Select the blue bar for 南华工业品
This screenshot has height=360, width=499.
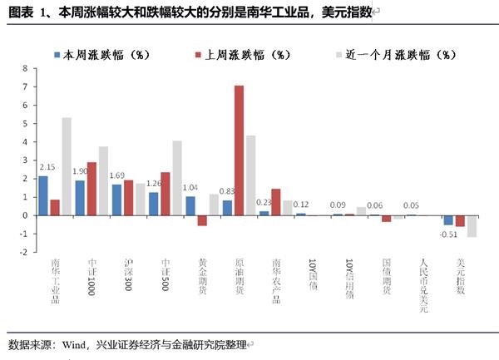[x=43, y=195]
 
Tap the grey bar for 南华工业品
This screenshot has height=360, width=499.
[x=67, y=166]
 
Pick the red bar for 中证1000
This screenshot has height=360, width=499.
[x=91, y=189]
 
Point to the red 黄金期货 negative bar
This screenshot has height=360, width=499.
[x=201, y=220]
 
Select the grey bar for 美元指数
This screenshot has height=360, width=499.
[x=472, y=226]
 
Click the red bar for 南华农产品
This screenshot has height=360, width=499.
[x=275, y=202]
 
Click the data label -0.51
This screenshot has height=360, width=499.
[x=449, y=234]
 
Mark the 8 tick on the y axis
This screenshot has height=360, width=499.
[x=26, y=68]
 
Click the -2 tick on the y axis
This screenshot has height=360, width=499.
[x=24, y=252]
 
